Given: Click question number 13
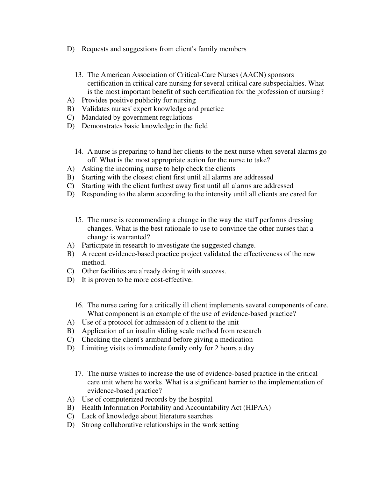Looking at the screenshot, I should click(x=79, y=75).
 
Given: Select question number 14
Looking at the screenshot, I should click(x=79, y=151).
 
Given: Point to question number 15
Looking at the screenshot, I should click(x=79, y=220).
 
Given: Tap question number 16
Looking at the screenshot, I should click(x=79, y=305).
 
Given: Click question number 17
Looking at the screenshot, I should click(x=79, y=374).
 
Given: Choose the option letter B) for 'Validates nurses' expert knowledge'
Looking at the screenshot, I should click(x=70, y=109).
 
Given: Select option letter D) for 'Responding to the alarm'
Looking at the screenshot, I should click(x=70, y=194).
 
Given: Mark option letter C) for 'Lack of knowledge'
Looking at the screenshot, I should click(x=70, y=416).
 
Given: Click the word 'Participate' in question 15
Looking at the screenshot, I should click(x=97, y=245).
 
